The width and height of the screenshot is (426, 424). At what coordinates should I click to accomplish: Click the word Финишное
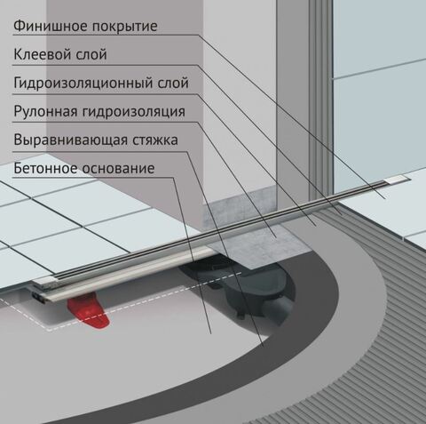point(51,26)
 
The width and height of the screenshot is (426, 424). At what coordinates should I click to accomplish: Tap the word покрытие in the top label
point(124,27)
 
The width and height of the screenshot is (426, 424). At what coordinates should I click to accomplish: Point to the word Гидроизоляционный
point(83,83)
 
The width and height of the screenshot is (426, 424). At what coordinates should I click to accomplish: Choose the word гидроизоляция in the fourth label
point(134,112)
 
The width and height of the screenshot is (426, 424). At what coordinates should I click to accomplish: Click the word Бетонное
point(46,168)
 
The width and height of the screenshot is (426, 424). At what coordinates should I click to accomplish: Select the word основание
point(118,169)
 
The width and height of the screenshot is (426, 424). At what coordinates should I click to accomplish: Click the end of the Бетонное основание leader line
point(211,334)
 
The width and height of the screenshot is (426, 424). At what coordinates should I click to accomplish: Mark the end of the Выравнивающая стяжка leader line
point(263,347)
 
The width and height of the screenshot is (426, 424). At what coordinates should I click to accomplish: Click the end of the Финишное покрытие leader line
point(385,198)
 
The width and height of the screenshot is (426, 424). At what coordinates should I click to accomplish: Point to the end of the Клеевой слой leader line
point(343,214)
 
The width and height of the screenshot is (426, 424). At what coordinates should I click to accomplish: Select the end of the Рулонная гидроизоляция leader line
point(276,237)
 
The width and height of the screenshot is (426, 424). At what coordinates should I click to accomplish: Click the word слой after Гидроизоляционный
point(173,83)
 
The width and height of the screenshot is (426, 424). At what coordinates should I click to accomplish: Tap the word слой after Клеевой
point(91,55)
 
